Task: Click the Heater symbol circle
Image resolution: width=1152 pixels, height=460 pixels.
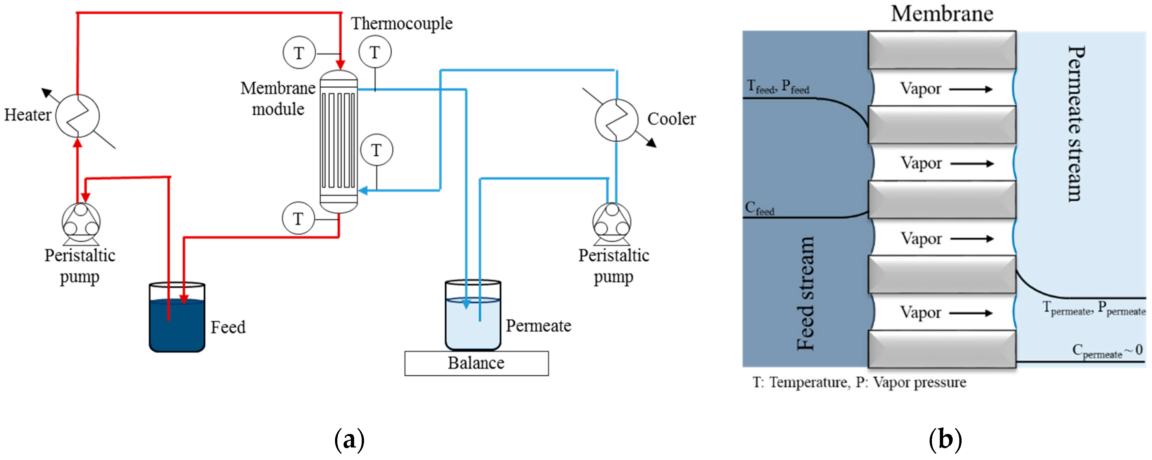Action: point(78,116)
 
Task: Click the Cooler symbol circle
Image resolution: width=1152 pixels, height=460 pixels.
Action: point(616,120)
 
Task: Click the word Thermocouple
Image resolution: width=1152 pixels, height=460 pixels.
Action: point(401,23)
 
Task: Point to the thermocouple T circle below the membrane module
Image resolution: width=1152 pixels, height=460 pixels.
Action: point(298,219)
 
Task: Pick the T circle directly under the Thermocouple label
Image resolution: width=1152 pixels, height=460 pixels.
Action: point(375,52)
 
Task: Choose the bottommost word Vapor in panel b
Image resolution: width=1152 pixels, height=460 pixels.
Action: point(920,312)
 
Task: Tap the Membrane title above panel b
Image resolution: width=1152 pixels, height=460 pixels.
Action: point(942,14)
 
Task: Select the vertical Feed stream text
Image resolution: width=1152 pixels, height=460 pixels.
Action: point(806,293)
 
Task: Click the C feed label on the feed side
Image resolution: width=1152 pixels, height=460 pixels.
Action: point(759,209)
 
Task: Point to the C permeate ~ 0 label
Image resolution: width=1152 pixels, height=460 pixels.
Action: point(1107,351)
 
